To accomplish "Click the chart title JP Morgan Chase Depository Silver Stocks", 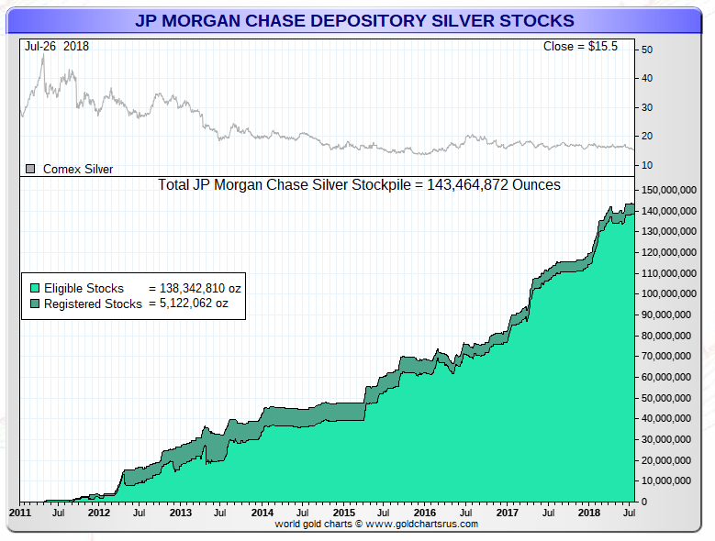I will coord(355,20).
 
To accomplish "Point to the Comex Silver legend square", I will coord(30,169).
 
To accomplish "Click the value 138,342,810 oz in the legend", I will coord(195,289).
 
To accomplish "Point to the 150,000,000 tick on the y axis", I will coord(673,190).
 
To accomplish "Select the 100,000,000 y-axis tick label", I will coord(673,293).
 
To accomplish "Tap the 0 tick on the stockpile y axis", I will coord(644,502).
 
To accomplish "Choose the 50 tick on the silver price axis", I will coord(647,50).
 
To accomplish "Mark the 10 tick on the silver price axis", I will coord(647,164).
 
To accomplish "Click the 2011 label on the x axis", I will coord(20,512).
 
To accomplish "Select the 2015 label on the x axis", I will coord(343,512).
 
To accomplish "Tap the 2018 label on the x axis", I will coord(587,512).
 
